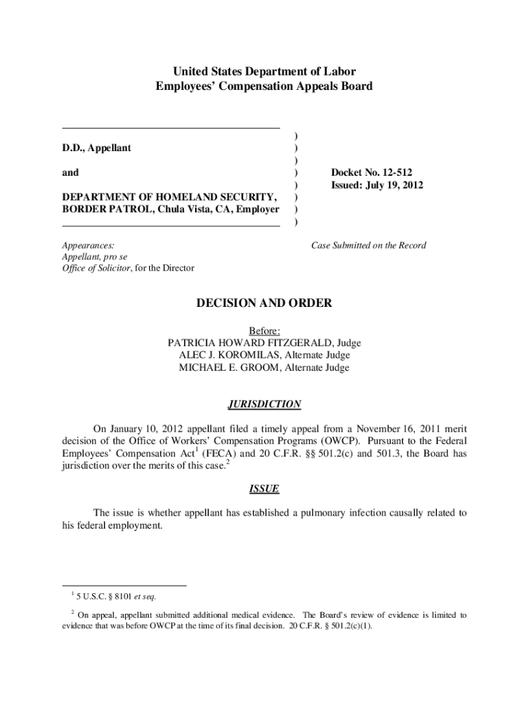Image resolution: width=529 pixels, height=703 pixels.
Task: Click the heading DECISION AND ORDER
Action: (264, 303)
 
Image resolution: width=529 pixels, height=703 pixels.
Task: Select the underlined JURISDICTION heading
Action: (264, 404)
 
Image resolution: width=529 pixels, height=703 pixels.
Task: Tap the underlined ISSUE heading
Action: (264, 489)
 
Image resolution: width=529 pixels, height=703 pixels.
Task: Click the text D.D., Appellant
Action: (97, 148)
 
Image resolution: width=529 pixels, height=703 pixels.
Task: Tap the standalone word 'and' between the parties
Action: (70, 173)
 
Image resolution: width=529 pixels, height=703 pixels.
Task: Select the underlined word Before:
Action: (264, 330)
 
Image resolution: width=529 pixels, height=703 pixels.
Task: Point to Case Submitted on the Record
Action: (368, 245)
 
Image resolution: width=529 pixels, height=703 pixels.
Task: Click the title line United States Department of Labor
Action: (264, 72)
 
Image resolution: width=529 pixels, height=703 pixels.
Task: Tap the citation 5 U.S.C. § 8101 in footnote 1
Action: (100, 596)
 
